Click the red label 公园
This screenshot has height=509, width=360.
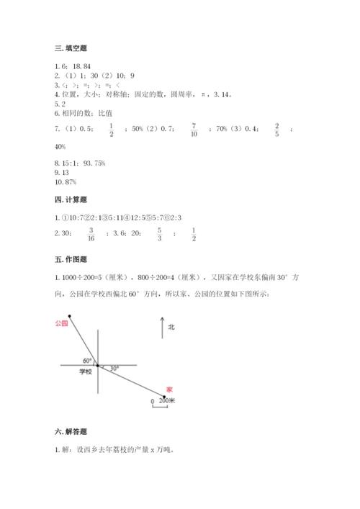click(61, 324)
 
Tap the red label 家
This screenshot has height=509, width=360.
click(169, 387)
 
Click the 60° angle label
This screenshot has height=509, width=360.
click(87, 360)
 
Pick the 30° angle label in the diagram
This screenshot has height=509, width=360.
click(113, 368)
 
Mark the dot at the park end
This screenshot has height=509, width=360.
click(69, 316)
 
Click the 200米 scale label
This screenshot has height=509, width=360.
click(166, 402)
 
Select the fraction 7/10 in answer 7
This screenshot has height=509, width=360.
click(194, 129)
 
